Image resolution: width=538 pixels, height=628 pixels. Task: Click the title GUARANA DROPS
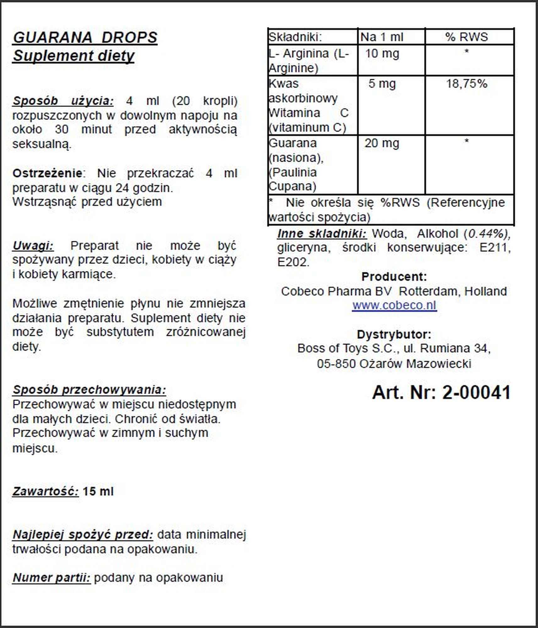(x=85, y=37)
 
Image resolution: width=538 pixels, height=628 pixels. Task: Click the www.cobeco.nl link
(x=394, y=305)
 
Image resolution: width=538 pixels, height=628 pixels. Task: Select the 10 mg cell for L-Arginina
(x=382, y=54)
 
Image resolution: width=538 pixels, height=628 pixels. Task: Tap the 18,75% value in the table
(x=467, y=84)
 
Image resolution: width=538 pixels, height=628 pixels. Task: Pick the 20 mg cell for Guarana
(x=382, y=143)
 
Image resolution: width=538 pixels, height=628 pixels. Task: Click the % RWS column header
(x=466, y=37)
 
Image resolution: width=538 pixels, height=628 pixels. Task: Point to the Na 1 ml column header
(x=382, y=37)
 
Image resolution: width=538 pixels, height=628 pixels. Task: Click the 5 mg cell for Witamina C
(x=382, y=84)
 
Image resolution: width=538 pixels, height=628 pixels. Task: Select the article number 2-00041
(x=476, y=392)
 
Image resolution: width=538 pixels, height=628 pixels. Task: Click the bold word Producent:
(x=394, y=277)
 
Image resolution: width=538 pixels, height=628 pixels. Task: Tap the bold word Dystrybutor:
(x=394, y=334)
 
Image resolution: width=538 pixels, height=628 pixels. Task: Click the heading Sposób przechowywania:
(x=89, y=390)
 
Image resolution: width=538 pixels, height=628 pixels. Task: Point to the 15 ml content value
(x=98, y=491)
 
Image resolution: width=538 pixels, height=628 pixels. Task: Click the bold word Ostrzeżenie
(x=47, y=173)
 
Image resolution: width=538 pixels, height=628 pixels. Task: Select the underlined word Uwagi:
(x=33, y=246)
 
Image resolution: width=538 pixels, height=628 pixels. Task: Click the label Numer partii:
(x=52, y=577)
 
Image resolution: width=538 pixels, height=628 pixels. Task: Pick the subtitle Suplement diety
(x=74, y=56)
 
